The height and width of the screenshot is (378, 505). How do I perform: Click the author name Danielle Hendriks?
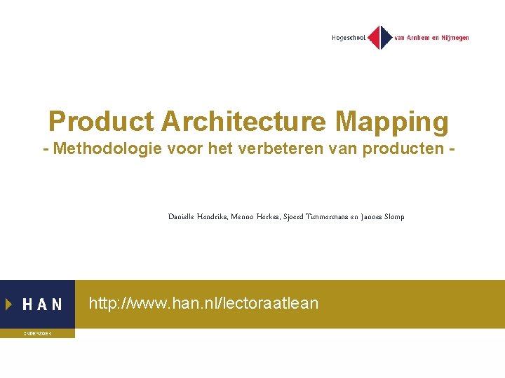(197, 217)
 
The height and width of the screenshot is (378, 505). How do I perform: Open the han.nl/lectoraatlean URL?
(203, 303)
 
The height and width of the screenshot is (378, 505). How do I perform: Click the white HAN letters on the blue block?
(42, 304)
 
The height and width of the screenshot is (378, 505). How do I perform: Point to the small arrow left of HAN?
(8, 304)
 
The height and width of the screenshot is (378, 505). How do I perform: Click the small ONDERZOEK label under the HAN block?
(36, 334)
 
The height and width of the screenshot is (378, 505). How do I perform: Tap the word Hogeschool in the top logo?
(348, 38)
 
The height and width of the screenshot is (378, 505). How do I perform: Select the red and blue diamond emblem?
(380, 37)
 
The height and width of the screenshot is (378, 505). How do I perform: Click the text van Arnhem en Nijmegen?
(431, 38)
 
